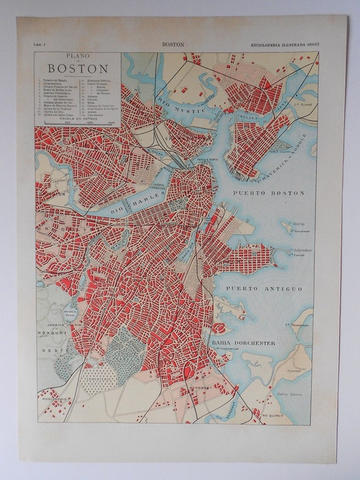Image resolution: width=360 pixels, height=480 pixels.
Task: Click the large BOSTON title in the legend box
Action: pos(78,68)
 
